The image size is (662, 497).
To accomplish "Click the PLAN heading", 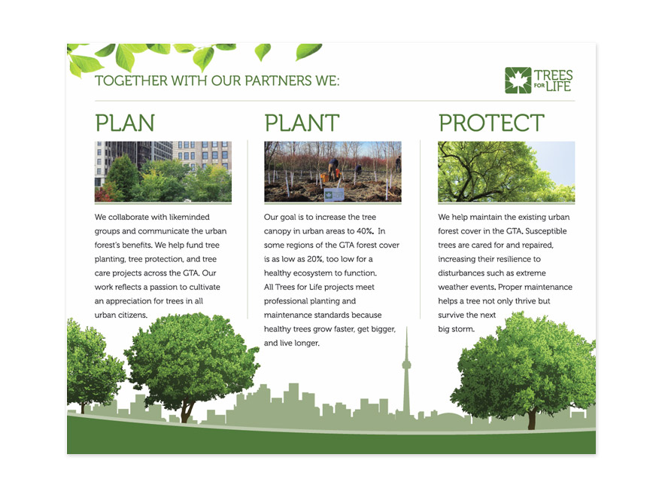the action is [x=125, y=123].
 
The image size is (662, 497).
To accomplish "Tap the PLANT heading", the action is [x=302, y=123].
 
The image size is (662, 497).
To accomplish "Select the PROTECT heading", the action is [x=491, y=123].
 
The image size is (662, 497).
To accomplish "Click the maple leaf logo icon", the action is [x=518, y=81].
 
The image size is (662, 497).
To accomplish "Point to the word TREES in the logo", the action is [x=554, y=75].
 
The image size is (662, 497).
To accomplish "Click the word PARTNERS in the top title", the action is [x=278, y=81].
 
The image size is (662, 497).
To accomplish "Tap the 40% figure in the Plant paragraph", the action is [x=365, y=231].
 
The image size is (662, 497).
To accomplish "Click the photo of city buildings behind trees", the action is [x=163, y=172].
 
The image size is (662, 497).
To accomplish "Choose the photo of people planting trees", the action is [x=333, y=172].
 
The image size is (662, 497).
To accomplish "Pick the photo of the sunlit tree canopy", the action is [x=506, y=172].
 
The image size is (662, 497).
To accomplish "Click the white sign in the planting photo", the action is [x=334, y=195].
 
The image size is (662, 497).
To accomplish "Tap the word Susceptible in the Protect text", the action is [x=546, y=231].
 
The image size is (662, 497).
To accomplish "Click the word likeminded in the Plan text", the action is [x=189, y=217].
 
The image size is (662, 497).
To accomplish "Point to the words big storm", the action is [x=457, y=329].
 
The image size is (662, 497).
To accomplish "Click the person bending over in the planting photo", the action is [x=333, y=169].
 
